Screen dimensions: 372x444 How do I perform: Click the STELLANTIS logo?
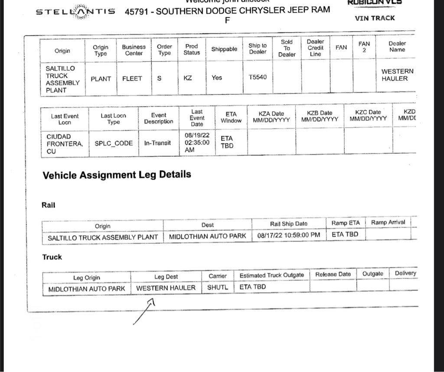pos(75,12)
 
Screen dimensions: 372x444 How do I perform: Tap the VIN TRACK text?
pos(375,18)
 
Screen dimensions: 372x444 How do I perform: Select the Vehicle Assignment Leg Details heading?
pos(117,175)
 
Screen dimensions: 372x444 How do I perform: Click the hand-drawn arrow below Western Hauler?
pos(145,311)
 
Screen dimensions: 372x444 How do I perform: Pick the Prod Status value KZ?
pos(188,78)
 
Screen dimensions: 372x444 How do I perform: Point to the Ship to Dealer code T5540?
pos(258,78)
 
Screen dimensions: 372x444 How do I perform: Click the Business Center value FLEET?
pos(132,79)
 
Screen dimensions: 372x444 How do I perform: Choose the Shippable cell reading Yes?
pos(217,78)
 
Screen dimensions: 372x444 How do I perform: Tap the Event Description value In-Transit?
pos(157,143)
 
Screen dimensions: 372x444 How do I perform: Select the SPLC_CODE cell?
pos(114,143)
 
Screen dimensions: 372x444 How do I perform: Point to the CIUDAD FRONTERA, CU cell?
pos(64,144)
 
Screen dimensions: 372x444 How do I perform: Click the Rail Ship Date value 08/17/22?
pos(288,235)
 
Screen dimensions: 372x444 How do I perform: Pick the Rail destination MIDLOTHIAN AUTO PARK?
pos(207,236)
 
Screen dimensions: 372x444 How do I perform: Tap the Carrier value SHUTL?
pos(218,287)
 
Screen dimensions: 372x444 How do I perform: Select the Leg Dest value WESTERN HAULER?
pos(166,288)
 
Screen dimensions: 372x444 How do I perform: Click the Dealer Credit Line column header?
pos(315,48)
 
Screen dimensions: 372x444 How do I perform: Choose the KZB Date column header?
pos(320,116)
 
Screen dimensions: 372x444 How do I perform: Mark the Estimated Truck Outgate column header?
pos(271,275)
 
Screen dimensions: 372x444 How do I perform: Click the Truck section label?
pos(52,257)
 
